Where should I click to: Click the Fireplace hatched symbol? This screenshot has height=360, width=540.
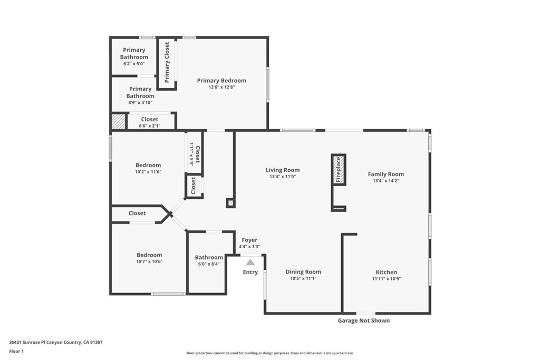tap(339, 170)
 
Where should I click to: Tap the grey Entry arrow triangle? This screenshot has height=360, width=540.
tap(250, 262)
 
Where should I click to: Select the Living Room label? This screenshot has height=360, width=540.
tap(283, 170)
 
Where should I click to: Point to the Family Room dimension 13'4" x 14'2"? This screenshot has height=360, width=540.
tap(385, 181)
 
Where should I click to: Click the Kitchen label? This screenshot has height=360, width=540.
tap(386, 272)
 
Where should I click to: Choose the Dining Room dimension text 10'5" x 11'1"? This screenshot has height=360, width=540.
tap(303, 278)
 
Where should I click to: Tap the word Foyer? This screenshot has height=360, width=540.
tap(249, 240)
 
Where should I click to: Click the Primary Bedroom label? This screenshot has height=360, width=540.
tap(221, 81)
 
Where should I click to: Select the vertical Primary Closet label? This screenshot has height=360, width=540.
tap(167, 62)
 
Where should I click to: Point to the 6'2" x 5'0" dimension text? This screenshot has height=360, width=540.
tap(134, 64)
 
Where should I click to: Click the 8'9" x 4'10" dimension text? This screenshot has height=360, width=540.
tap(140, 103)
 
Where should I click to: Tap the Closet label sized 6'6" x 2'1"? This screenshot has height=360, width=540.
tap(149, 120)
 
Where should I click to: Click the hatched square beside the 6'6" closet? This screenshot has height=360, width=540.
tap(119, 122)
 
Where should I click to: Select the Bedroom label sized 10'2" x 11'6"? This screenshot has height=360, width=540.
tap(148, 165)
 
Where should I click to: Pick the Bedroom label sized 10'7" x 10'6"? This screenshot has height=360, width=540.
tap(149, 255)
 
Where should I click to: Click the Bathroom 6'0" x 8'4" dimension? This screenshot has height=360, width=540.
tap(209, 264)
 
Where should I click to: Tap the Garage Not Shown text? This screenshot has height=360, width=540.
tap(364, 320)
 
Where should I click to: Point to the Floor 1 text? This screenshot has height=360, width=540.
tap(16, 352)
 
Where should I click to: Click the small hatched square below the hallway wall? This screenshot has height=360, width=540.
tap(231, 203)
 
